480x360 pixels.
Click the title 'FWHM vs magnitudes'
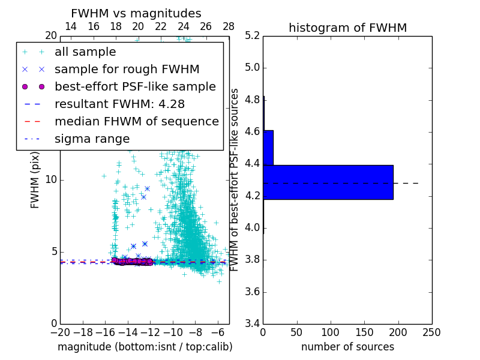click(136, 13)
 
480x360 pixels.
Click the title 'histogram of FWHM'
click(347, 28)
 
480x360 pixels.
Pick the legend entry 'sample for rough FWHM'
click(127, 70)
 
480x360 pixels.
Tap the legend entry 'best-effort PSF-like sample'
click(135, 87)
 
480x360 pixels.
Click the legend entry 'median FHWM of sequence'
click(136, 122)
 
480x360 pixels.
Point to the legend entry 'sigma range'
click(92, 139)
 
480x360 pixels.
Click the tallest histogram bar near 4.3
click(328, 182)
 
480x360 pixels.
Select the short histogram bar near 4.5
click(268, 148)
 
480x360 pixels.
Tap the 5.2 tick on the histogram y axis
click(252, 35)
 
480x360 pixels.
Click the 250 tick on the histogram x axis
click(431, 332)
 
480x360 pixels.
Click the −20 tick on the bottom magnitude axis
click(60, 332)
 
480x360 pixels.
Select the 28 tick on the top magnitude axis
click(229, 27)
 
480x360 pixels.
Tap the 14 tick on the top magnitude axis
click(70, 27)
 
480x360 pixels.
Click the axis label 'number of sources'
click(347, 347)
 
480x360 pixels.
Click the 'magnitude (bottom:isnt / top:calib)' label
click(145, 347)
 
